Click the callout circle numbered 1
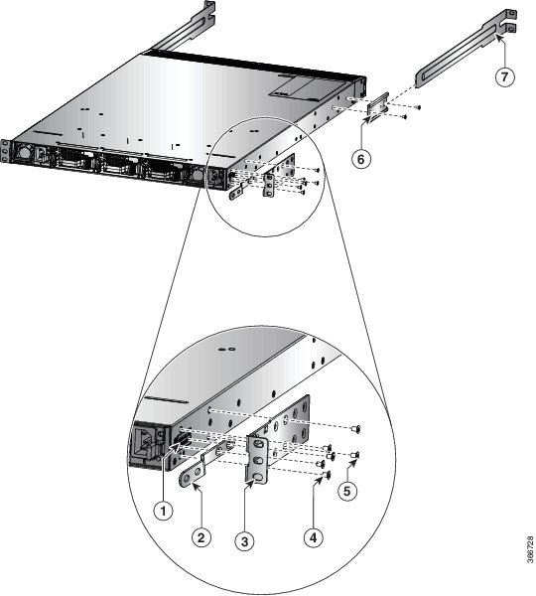pos(164,512)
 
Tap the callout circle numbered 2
pos(201,537)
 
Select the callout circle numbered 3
pos(244,541)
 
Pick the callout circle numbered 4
pos(314,537)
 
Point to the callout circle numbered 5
pos(347,491)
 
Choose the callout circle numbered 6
pos(360,159)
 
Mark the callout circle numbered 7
pos(505,76)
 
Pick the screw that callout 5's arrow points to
pos(355,454)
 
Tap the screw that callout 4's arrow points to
pos(327,475)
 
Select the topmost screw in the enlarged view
pos(356,429)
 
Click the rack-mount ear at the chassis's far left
pos(5,151)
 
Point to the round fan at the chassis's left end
pos(24,153)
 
